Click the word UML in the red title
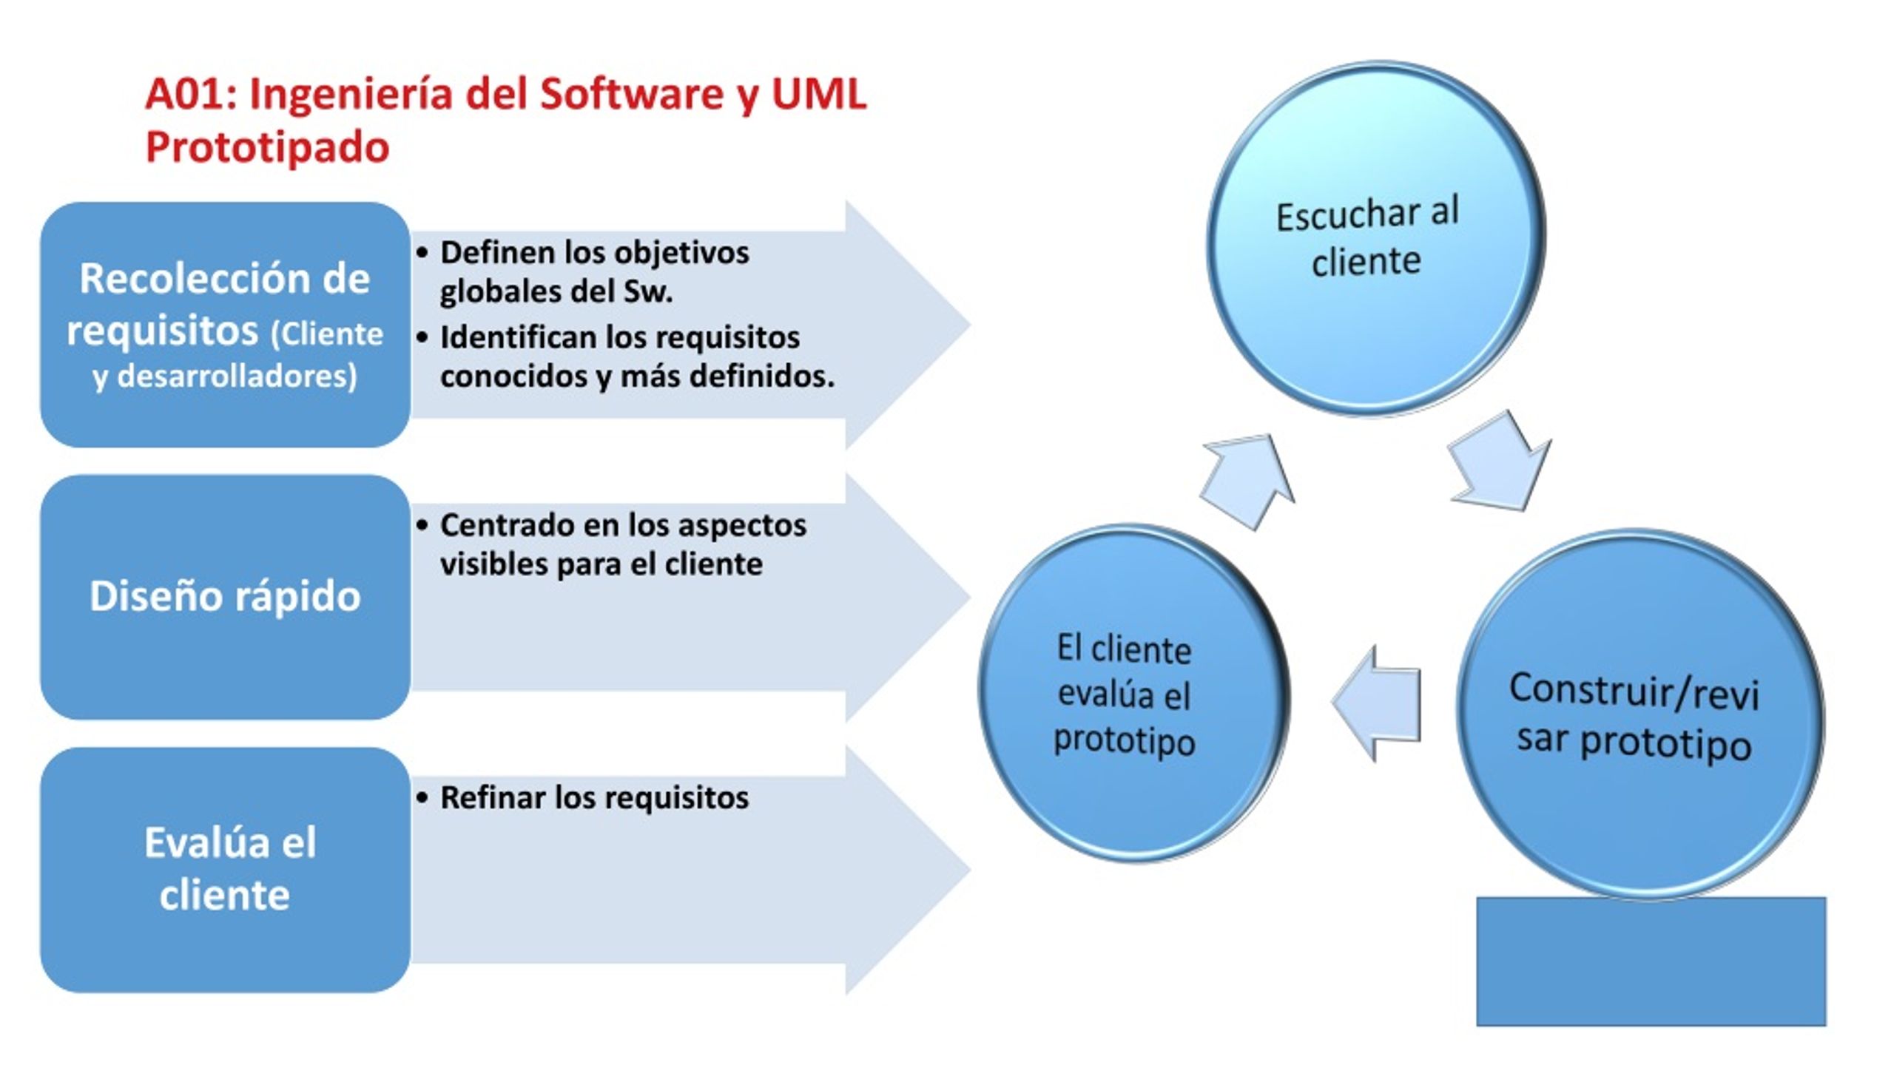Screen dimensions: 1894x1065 (x=818, y=94)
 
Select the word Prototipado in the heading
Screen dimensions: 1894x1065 (x=267, y=147)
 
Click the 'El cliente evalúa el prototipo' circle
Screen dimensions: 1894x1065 (x=1134, y=693)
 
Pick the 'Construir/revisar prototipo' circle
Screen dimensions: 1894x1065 (x=1640, y=714)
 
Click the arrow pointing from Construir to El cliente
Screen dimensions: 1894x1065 (x=1376, y=703)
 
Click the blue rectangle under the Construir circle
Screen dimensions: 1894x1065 (x=1651, y=961)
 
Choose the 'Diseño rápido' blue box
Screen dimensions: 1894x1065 (x=225, y=597)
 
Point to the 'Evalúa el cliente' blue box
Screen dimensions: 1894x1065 (x=225, y=870)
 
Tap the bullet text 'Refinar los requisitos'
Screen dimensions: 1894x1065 (x=594, y=797)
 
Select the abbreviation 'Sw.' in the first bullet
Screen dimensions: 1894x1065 (x=648, y=291)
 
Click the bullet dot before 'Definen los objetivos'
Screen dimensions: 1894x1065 (x=422, y=253)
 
